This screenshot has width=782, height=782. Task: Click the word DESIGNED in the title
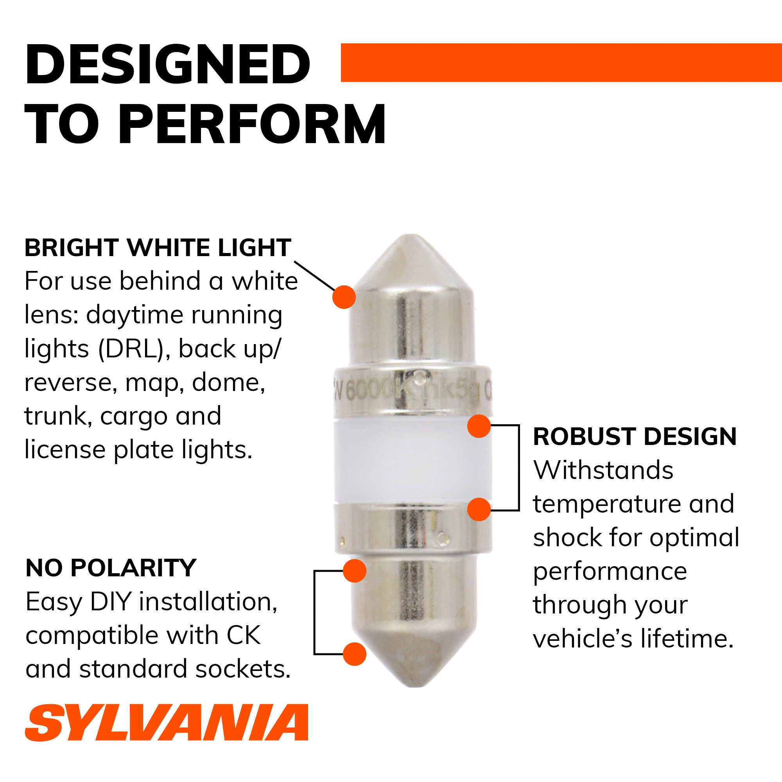[168, 65]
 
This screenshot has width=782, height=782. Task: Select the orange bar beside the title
[561, 63]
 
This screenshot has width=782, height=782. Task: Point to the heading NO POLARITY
[111, 568]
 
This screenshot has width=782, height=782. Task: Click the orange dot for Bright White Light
[344, 297]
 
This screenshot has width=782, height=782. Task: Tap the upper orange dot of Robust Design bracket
[479, 426]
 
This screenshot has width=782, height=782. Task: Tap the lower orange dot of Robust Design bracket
[479, 509]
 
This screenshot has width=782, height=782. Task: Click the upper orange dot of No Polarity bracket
[355, 571]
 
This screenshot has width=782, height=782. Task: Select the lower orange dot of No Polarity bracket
[355, 654]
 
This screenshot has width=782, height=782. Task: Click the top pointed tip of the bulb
[411, 235]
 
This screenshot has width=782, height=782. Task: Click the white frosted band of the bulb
[413, 461]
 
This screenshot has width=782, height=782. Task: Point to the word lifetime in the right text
[687, 639]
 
